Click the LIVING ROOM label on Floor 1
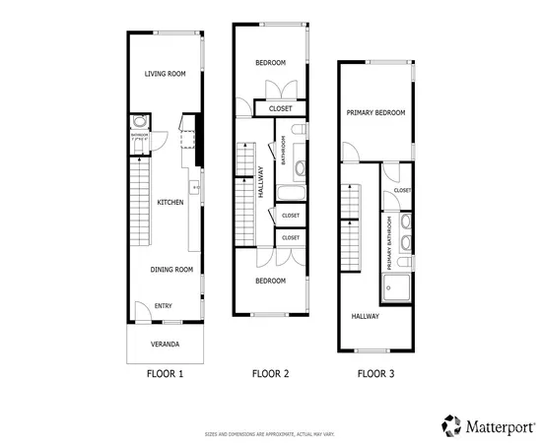click(x=166, y=74)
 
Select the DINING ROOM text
click(x=170, y=269)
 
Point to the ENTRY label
click(x=164, y=306)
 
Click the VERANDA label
click(x=165, y=345)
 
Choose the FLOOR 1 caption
click(x=165, y=374)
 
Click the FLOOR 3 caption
click(x=375, y=374)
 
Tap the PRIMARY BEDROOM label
click(x=375, y=113)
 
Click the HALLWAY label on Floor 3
click(x=365, y=316)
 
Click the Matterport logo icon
click(x=451, y=424)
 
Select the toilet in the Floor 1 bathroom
click(x=140, y=122)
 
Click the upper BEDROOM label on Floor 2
click(x=270, y=63)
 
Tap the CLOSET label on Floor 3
click(x=402, y=190)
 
